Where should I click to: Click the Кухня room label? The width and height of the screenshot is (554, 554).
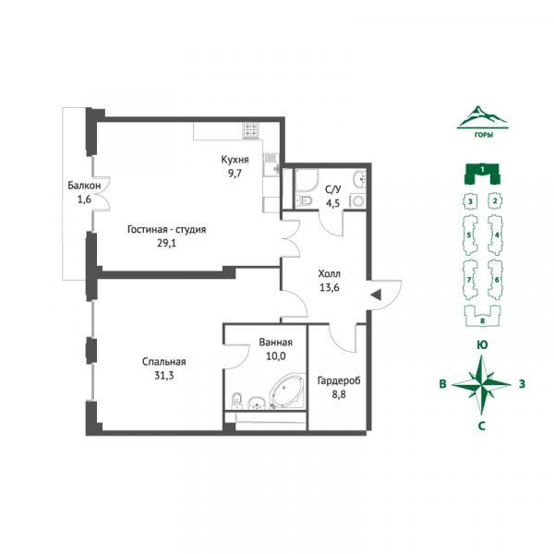pyautogui.click(x=235, y=160)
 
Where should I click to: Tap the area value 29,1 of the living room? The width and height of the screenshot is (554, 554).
pyautogui.click(x=167, y=243)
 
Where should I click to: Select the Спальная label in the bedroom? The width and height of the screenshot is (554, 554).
pyautogui.click(x=164, y=362)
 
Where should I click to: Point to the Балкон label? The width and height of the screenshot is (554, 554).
pyautogui.click(x=84, y=186)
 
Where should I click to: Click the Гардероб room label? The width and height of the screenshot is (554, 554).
pyautogui.click(x=339, y=380)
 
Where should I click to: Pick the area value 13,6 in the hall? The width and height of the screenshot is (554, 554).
pyautogui.click(x=330, y=287)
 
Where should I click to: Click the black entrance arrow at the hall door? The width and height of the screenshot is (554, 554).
pyautogui.click(x=376, y=295)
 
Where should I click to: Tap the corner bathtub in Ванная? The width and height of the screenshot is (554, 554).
pyautogui.click(x=286, y=391)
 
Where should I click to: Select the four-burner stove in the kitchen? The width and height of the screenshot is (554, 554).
pyautogui.click(x=251, y=130)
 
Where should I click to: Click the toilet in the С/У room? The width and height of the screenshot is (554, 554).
pyautogui.click(x=304, y=200)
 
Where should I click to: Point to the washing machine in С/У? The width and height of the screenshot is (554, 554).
pyautogui.click(x=358, y=201)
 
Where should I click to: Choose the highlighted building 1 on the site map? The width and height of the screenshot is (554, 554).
pyautogui.click(x=482, y=174)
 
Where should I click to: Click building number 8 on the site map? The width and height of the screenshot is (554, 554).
pyautogui.click(x=482, y=320)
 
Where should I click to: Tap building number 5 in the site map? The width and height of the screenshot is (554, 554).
pyautogui.click(x=469, y=235)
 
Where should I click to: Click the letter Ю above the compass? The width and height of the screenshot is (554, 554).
pyautogui.click(x=482, y=344)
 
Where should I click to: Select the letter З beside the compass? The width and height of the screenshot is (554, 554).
pyautogui.click(x=522, y=383)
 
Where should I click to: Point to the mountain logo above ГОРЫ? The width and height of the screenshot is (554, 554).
pyautogui.click(x=482, y=117)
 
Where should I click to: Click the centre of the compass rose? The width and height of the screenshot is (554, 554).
pyautogui.click(x=482, y=384)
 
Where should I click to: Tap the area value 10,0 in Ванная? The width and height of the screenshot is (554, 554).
pyautogui.click(x=275, y=356)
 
